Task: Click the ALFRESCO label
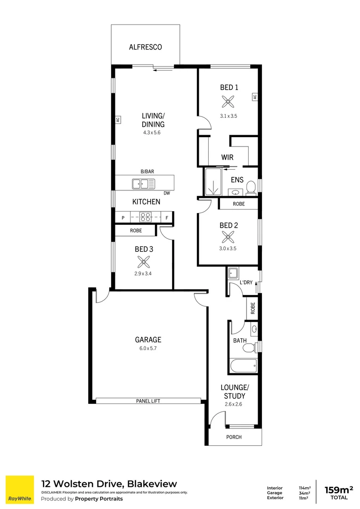145,47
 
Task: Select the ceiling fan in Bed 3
143,262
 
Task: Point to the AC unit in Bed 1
254,97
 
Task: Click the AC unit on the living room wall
118,120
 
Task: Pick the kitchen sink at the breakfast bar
143,184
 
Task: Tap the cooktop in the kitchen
145,217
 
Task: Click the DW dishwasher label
167,193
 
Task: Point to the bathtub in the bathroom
243,365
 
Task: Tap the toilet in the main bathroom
248,348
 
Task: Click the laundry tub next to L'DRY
233,273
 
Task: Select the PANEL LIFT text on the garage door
148,401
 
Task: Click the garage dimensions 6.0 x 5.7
148,349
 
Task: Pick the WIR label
227,157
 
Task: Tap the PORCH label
234,437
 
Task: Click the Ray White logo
19,490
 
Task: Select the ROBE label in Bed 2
238,204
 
